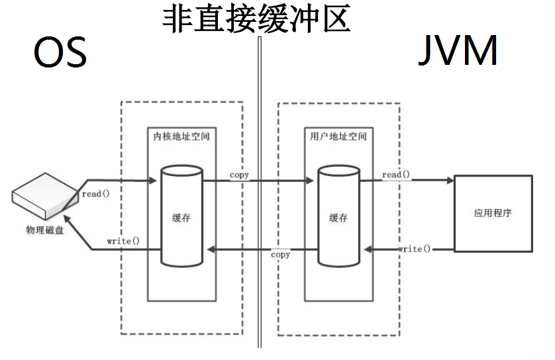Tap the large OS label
[x=60, y=53]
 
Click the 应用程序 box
[x=493, y=213]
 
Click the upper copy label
[x=239, y=175]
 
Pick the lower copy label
[x=280, y=255]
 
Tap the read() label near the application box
[x=396, y=175]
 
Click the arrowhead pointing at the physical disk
[x=72, y=224]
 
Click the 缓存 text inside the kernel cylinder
[x=181, y=218]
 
